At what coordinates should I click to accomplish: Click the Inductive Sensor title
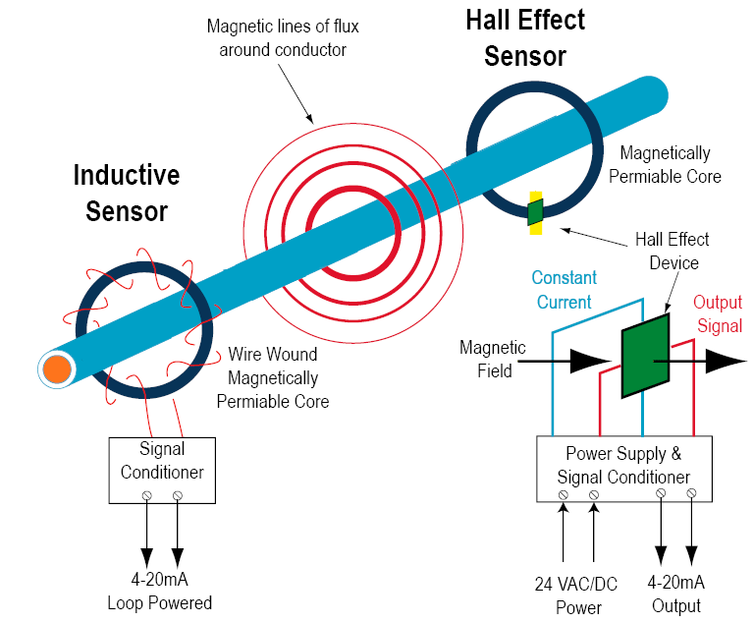point(127,193)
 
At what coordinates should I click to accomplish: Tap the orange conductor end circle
point(56,369)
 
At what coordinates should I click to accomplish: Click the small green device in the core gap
point(535,211)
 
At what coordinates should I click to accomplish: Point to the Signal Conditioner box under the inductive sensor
point(162,470)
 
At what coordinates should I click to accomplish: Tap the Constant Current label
point(564,290)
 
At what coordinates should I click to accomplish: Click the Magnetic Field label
point(493,360)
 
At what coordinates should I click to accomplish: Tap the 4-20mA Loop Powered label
point(159,591)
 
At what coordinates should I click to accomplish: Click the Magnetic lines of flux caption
point(276,37)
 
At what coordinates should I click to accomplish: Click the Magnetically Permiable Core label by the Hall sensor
point(665,165)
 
